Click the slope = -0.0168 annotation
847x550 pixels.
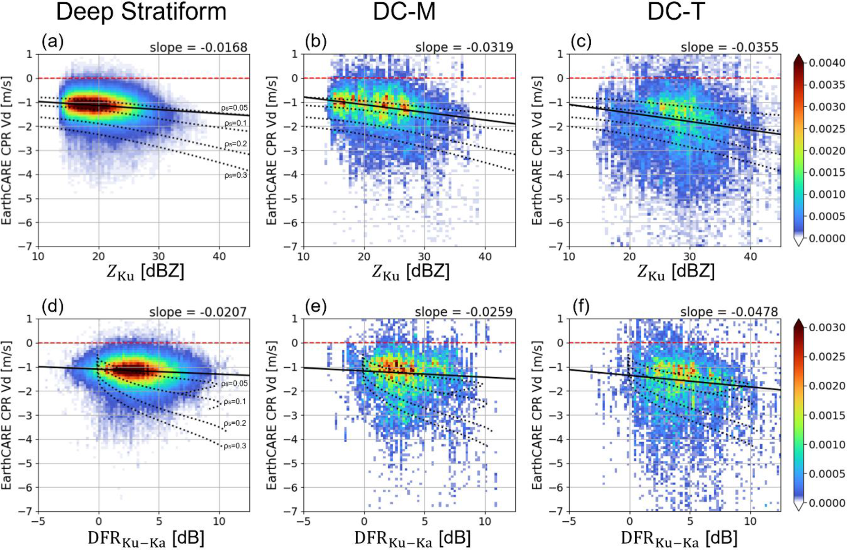pos(198,48)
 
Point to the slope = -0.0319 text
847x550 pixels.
pos(464,48)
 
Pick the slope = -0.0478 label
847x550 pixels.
pos(729,312)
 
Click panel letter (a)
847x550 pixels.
pos(52,42)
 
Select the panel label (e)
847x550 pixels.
pos(316,307)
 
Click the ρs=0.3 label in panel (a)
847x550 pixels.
pos(236,175)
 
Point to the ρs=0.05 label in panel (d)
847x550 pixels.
pos(234,384)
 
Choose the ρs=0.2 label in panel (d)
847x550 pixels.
pos(235,423)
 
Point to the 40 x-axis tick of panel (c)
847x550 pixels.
pos(750,257)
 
